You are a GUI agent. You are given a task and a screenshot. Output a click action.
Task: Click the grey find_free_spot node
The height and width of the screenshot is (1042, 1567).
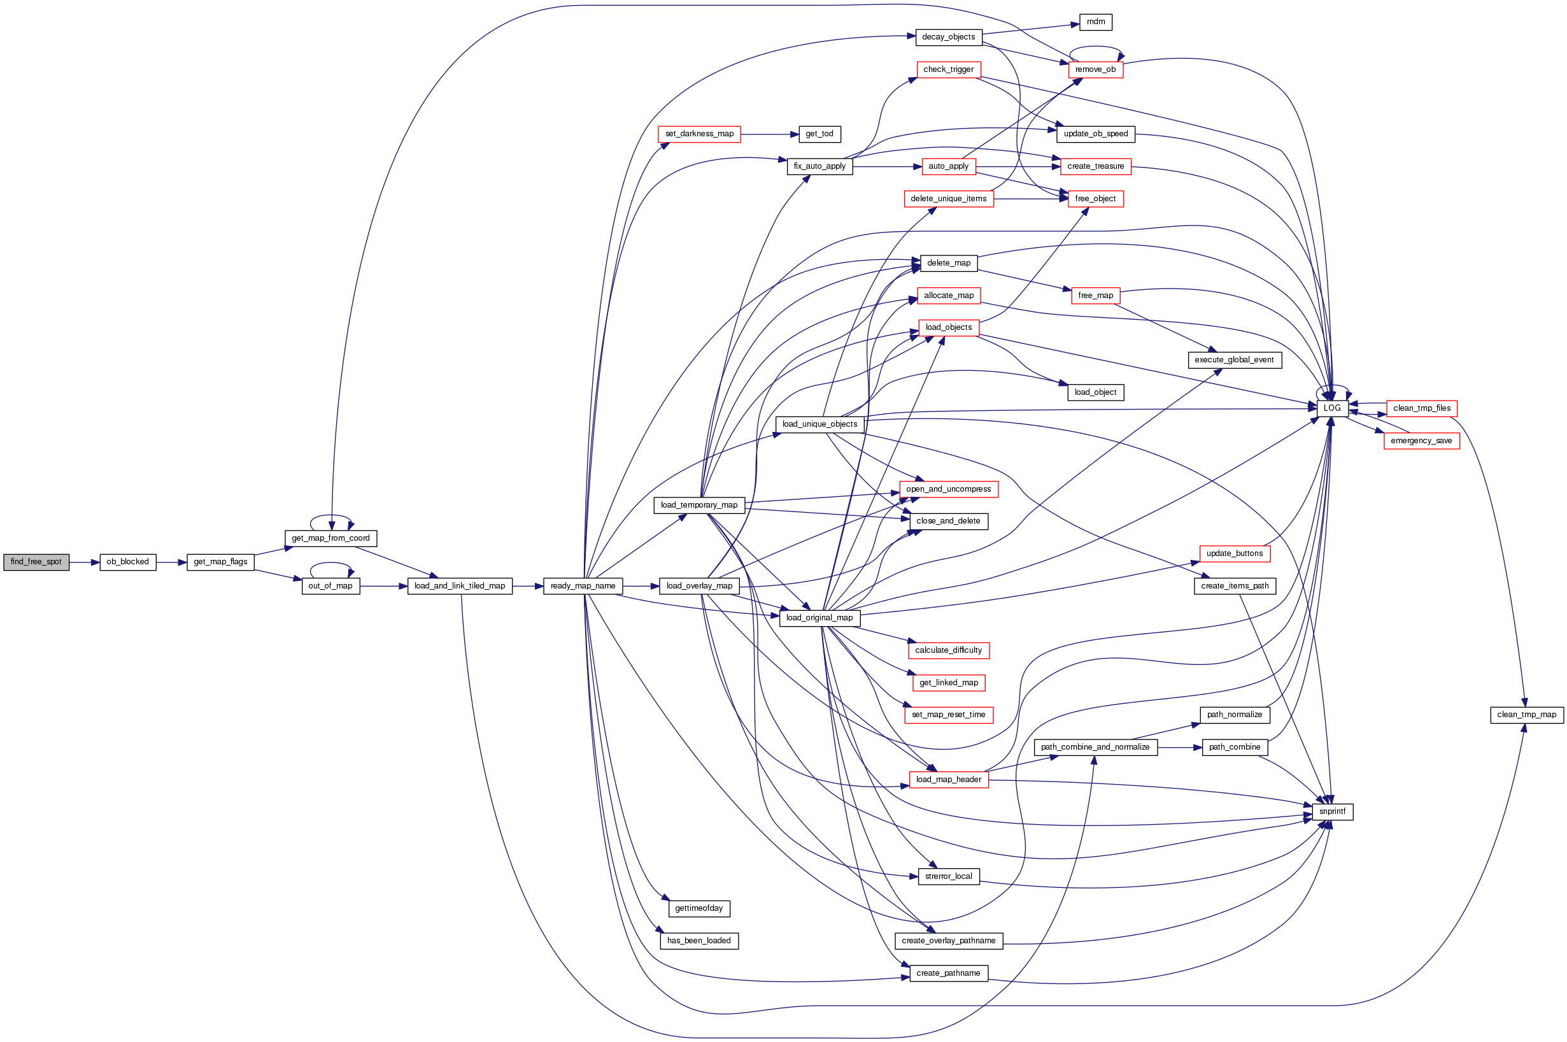pos(36,562)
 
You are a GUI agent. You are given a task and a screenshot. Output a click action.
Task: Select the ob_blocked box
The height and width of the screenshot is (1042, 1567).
pos(127,562)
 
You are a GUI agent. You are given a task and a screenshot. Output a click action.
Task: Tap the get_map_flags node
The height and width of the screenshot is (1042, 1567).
pos(220,562)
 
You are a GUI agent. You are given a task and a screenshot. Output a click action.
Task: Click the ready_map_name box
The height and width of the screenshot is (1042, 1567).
pos(583,586)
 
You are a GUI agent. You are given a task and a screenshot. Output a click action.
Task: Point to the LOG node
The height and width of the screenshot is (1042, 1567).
pos(1332,408)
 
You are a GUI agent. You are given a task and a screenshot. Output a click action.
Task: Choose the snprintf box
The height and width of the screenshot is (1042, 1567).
pos(1332,811)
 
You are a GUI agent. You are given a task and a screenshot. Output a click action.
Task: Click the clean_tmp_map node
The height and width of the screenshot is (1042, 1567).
pos(1526,715)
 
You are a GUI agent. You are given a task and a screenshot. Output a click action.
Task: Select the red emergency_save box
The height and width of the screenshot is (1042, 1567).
pos(1421,441)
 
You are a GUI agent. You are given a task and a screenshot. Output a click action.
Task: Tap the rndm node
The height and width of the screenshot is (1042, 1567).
pos(1095,22)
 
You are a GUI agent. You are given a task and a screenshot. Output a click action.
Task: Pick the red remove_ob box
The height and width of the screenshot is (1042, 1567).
pos(1095,70)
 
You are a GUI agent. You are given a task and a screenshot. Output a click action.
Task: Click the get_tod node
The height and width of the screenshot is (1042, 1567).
pos(819,134)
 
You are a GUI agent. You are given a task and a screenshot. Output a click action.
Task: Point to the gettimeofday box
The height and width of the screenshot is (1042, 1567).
pos(698,908)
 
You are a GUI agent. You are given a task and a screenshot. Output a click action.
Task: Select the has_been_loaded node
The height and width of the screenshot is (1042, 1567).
pos(698,941)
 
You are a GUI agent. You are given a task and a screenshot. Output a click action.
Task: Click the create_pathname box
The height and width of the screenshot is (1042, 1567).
pos(948,974)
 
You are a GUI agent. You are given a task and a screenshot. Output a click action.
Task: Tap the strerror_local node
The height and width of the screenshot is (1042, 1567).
pos(948,876)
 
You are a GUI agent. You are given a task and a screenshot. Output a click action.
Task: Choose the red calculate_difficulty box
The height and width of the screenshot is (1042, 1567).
pos(948,650)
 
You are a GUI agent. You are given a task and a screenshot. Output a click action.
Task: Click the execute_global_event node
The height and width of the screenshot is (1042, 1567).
pos(1233,360)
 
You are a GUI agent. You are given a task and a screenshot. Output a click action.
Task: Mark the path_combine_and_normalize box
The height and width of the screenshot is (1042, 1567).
pos(1095,747)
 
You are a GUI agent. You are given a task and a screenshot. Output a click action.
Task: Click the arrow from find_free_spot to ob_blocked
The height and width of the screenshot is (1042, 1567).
pos(84,562)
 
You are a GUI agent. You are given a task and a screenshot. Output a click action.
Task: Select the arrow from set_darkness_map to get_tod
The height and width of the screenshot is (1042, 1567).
pos(769,134)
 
